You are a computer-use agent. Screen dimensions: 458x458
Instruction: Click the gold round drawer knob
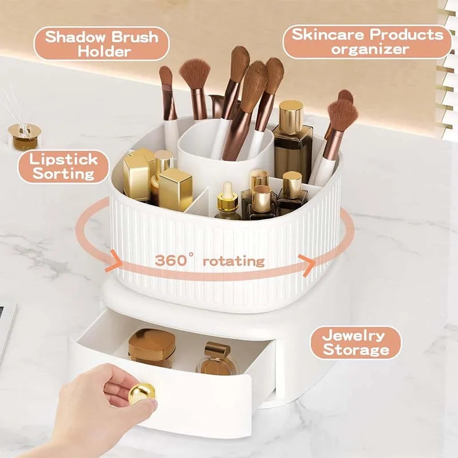coord(141,394)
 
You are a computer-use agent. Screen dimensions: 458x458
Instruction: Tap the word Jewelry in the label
coord(353,335)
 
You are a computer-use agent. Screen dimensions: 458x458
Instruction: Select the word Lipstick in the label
coord(64,160)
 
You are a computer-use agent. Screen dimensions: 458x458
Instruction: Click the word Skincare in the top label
coord(329,34)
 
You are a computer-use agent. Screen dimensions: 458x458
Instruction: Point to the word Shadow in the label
coord(74,37)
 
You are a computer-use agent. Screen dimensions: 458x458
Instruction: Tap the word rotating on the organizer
coord(234,261)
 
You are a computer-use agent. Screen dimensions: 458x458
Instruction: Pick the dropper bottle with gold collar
coord(228,202)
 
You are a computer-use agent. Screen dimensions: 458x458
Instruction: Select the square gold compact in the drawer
coord(152,348)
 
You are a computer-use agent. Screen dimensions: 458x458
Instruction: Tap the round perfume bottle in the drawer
coord(218,360)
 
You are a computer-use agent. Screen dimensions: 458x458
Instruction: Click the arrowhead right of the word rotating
coord(307,265)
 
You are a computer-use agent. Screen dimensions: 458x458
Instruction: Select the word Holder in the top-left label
coord(104,52)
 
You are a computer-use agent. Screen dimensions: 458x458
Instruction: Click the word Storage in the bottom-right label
coord(356,350)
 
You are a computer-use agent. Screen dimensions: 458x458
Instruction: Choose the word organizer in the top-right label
coord(370,49)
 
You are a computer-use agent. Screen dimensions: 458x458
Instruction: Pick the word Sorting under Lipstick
coord(64,173)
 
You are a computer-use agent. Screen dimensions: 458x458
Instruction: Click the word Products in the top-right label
coord(406,34)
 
